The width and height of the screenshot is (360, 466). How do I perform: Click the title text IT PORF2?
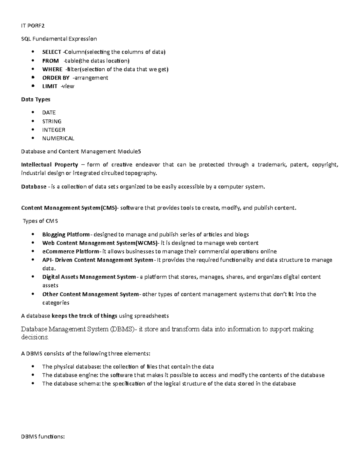point(33,26)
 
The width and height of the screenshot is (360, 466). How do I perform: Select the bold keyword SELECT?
point(52,52)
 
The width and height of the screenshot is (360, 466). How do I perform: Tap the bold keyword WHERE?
point(52,69)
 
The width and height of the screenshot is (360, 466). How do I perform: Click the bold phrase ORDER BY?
point(56,78)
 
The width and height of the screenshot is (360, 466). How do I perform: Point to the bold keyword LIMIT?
point(50,86)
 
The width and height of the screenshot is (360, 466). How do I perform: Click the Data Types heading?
point(36,99)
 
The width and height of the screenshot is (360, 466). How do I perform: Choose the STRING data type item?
point(52,121)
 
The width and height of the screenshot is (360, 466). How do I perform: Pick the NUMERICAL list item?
point(58,138)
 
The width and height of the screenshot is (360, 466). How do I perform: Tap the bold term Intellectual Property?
point(49,164)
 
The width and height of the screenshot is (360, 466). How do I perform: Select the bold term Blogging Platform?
point(66,234)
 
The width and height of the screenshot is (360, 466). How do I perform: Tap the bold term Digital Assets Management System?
point(89,277)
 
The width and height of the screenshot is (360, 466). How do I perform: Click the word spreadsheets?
point(151,316)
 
